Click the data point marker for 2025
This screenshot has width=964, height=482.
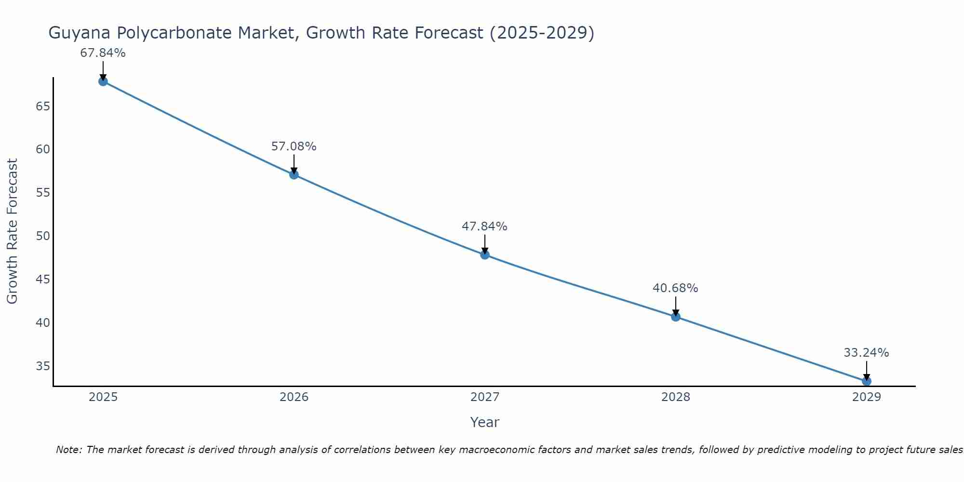103,81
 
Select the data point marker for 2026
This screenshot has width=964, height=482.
294,174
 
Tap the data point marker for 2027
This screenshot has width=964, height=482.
485,254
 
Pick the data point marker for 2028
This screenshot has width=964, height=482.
676,317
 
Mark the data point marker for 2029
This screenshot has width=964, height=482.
867,381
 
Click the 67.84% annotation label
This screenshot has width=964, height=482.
103,53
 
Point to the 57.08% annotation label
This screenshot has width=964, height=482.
294,147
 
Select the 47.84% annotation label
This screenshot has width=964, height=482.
485,227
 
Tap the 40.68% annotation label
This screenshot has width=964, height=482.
676,288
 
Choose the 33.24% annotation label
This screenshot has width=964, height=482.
867,353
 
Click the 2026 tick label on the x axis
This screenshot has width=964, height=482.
294,397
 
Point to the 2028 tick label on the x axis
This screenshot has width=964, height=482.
676,397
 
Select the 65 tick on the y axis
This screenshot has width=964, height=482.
43,106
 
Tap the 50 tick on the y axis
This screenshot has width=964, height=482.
43,236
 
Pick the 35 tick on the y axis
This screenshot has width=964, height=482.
43,366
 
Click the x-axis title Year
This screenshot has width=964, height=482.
485,422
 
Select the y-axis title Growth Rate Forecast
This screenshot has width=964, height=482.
13,231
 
